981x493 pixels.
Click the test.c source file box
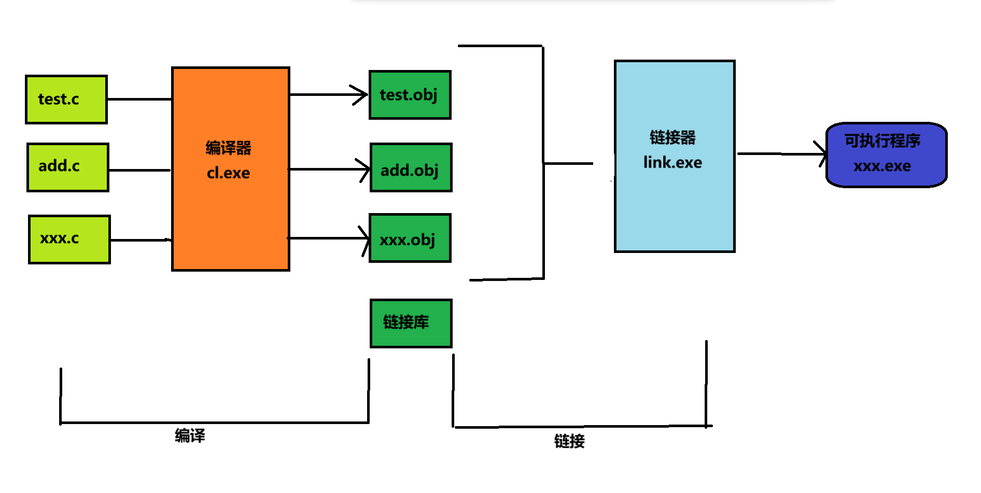point(66,99)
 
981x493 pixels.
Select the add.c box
point(68,167)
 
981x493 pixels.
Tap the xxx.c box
point(69,239)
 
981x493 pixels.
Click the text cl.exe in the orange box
point(228,173)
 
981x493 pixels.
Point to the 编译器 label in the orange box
point(228,148)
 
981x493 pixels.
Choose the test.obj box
point(410,95)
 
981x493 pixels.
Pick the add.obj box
point(411,168)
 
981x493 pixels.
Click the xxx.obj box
point(410,238)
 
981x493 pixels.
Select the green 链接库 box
point(411,323)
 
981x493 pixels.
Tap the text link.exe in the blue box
point(672,163)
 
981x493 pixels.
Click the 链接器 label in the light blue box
point(672,137)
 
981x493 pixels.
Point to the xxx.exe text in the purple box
point(882,166)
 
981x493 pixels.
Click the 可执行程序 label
point(882,140)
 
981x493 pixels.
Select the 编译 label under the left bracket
point(190,435)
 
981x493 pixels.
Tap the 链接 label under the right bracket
point(569,441)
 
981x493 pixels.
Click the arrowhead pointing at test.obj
point(361,95)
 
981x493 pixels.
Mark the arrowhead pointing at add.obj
point(365,169)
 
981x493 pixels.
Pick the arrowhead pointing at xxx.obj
point(365,238)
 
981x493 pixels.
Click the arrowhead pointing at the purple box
point(822,154)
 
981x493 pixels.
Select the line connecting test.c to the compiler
point(139,99)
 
